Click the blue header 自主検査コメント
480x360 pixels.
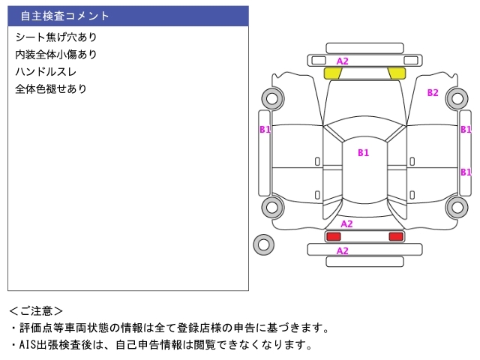click(65, 16)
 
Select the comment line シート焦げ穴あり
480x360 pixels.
click(56, 37)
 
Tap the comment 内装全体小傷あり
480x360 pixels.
click(56, 55)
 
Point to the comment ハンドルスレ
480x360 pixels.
click(46, 72)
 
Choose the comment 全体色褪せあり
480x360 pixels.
click(51, 89)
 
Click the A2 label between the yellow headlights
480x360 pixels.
click(343, 61)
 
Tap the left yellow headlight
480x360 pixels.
click(332, 73)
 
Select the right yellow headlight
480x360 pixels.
click(397, 73)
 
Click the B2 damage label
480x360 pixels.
click(433, 93)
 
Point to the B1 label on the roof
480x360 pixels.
click(363, 152)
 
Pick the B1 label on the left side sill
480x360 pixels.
click(265, 130)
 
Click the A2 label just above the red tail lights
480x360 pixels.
click(346, 224)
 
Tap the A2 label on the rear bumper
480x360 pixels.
click(343, 251)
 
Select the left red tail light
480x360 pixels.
click(333, 236)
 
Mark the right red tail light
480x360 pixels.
click(396, 236)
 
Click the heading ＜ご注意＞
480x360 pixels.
click(36, 311)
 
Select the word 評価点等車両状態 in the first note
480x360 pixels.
click(64, 328)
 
